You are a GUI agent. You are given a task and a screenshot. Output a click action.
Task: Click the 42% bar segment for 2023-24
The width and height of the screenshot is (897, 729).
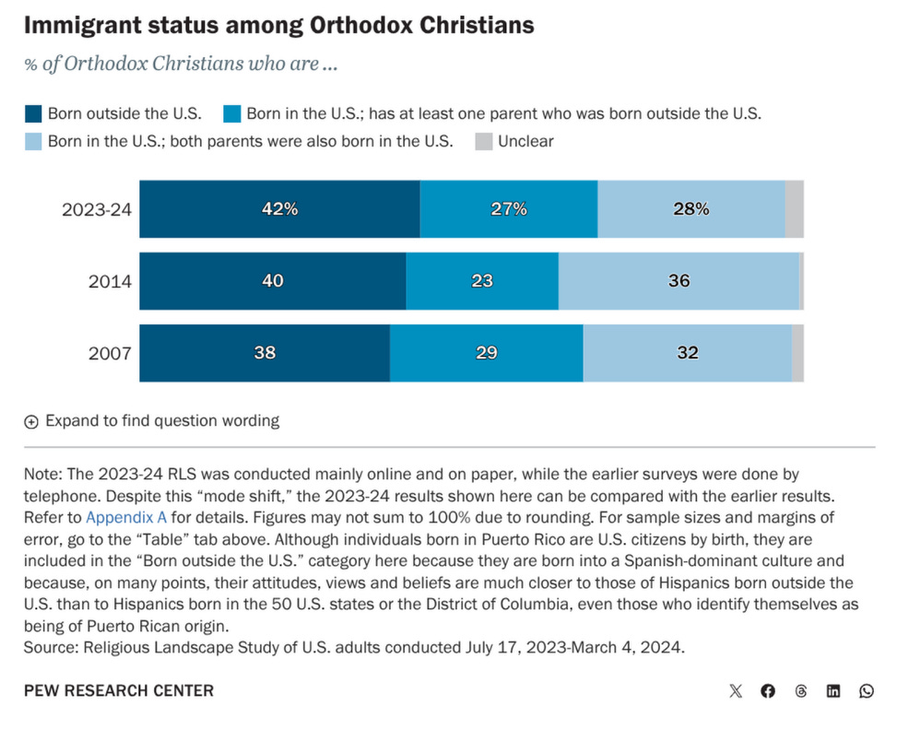pyautogui.click(x=279, y=209)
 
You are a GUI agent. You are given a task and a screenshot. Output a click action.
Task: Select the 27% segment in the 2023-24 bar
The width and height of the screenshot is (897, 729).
pyautogui.click(x=508, y=209)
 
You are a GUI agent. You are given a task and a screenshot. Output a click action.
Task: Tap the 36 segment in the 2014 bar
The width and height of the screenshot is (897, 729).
pyautogui.click(x=679, y=281)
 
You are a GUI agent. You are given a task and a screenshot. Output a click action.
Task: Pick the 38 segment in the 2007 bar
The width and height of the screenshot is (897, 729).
pyautogui.click(x=265, y=352)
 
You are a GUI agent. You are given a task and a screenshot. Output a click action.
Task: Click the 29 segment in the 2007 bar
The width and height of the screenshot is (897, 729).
pyautogui.click(x=486, y=352)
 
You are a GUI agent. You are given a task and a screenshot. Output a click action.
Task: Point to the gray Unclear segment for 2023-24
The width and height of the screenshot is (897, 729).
pyautogui.click(x=794, y=209)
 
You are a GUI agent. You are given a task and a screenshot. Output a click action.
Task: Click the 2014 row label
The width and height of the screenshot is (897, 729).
pyautogui.click(x=110, y=281)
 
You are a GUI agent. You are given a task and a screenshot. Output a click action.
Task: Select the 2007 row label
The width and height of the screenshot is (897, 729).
pyautogui.click(x=110, y=353)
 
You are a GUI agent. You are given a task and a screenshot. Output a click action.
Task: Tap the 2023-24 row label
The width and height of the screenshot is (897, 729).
pyautogui.click(x=97, y=209)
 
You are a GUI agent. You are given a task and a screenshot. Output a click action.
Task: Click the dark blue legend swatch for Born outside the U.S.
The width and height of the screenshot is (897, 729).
pyautogui.click(x=33, y=114)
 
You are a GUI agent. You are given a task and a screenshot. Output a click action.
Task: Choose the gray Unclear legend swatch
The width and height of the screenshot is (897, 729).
pyautogui.click(x=483, y=142)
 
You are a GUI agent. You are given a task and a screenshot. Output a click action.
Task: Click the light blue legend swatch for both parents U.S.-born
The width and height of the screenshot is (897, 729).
pyautogui.click(x=33, y=142)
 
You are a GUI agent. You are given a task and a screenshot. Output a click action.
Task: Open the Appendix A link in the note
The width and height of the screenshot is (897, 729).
pyautogui.click(x=124, y=517)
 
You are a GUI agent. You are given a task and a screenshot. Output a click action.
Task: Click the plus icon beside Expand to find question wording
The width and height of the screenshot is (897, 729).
pyautogui.click(x=31, y=421)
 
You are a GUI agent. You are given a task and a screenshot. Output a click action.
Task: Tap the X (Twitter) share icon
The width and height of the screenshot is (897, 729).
pyautogui.click(x=735, y=691)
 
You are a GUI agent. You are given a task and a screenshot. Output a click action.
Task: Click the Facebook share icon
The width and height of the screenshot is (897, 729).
pyautogui.click(x=768, y=691)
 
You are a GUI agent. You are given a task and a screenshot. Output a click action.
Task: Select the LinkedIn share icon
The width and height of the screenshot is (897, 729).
pyautogui.click(x=833, y=691)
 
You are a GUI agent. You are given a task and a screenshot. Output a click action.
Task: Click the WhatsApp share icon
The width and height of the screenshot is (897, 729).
pyautogui.click(x=867, y=691)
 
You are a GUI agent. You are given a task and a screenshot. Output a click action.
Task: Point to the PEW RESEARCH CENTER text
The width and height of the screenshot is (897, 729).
pyautogui.click(x=119, y=691)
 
